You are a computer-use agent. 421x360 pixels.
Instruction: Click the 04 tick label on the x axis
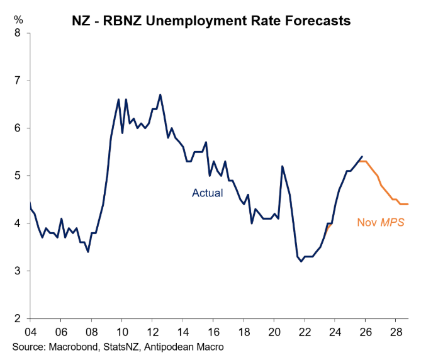tap(30, 332)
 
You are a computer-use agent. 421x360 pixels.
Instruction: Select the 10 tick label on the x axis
tap(121, 332)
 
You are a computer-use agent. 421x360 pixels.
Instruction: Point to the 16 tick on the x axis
tap(213, 332)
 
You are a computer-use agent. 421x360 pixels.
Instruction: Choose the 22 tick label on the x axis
tap(304, 332)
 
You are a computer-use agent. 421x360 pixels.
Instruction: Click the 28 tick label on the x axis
tap(395, 332)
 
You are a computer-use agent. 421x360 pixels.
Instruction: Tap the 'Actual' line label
tap(208, 193)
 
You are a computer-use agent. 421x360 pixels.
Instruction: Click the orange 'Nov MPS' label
tap(381, 222)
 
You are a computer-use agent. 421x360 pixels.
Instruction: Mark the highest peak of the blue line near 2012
tap(160, 94)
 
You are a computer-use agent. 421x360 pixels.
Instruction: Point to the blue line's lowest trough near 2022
tap(301, 261)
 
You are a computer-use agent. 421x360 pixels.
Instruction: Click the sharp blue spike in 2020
tap(282, 166)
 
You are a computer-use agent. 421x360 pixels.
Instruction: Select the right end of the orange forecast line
tap(408, 204)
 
